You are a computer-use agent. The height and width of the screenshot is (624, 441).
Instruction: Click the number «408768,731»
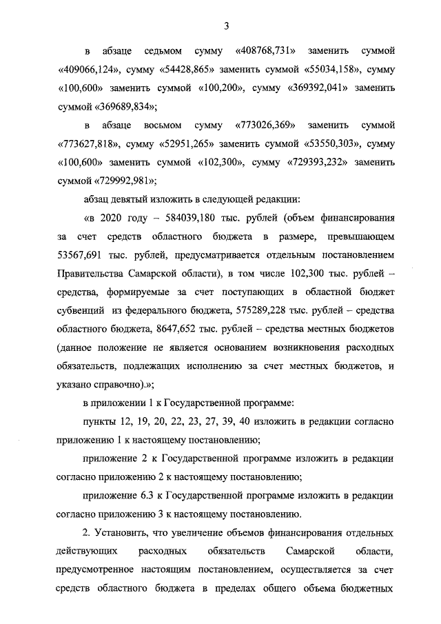click(265, 51)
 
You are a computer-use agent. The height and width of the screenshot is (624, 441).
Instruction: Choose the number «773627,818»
click(85, 144)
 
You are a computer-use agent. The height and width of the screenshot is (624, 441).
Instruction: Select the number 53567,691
click(81, 256)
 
